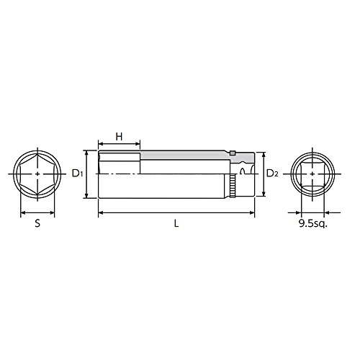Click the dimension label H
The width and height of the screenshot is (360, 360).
click(119, 137)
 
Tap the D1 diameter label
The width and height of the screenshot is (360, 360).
click(77, 174)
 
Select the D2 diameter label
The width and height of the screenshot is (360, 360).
click(272, 174)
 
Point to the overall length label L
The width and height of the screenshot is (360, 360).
click(176, 224)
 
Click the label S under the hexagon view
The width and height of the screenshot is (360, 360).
click(37, 224)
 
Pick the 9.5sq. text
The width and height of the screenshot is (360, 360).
click(312, 224)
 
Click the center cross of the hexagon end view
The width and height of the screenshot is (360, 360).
click(37, 174)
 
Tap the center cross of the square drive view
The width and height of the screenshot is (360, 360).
click(312, 174)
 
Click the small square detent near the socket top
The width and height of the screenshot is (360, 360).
click(232, 153)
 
